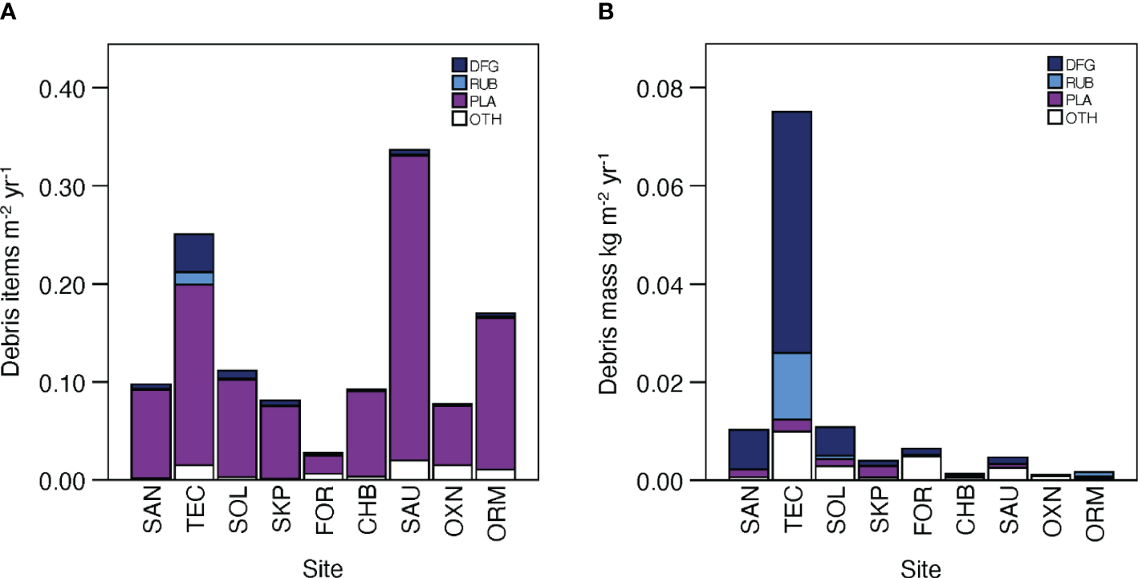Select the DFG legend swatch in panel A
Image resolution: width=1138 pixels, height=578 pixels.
click(x=459, y=63)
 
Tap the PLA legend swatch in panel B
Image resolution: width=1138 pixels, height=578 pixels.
click(x=1056, y=100)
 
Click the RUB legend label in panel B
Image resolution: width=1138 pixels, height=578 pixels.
click(x=1083, y=82)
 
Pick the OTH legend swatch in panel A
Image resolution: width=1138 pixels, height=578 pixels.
click(x=459, y=119)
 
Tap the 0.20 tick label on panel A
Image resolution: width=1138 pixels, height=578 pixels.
click(x=85, y=284)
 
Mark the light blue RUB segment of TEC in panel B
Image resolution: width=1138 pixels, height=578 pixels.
click(x=790, y=385)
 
